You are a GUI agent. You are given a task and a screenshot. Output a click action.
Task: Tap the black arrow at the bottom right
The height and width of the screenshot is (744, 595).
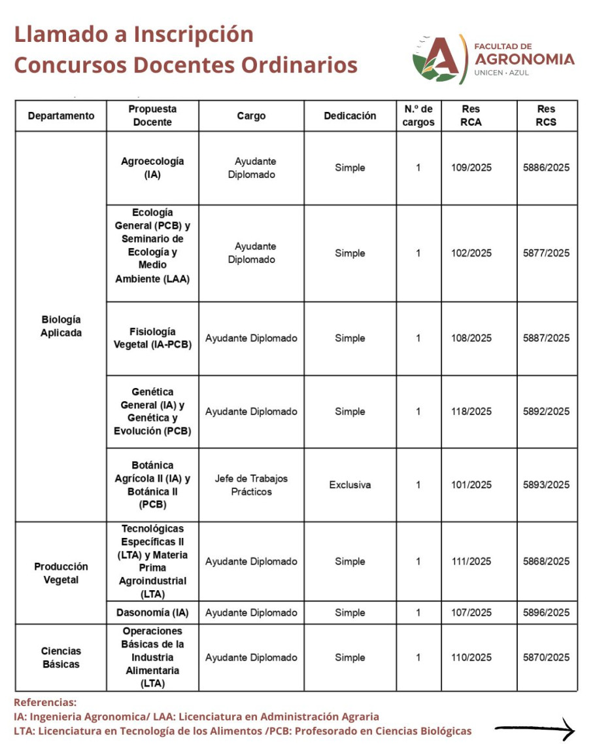tap(534, 730)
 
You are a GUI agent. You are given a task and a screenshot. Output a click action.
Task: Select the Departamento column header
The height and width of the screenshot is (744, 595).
tap(61, 116)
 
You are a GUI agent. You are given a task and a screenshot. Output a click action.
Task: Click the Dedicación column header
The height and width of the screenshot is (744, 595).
tap(350, 116)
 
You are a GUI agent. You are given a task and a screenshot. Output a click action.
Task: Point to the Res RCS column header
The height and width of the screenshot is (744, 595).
tap(546, 116)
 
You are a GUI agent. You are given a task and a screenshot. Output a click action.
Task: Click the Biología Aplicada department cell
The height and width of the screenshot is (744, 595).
tap(61, 326)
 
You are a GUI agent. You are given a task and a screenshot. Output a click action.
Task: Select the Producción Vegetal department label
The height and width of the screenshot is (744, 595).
tap(61, 573)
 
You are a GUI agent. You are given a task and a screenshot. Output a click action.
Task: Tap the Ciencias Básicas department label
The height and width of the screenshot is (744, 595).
tap(61, 658)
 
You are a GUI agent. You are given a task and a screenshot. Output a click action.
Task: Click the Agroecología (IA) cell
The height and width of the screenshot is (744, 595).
tap(152, 168)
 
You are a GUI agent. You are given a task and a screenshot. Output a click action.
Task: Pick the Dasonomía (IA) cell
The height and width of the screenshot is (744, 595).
tap(152, 613)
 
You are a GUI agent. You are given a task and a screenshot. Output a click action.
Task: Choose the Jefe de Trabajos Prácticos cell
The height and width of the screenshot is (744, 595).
tap(251, 485)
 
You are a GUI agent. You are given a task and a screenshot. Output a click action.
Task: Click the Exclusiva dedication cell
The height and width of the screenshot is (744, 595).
tap(350, 485)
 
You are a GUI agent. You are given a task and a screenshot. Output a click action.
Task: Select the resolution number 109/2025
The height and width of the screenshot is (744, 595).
tap(471, 168)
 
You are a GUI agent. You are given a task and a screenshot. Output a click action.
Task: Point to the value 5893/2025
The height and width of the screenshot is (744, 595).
tap(546, 485)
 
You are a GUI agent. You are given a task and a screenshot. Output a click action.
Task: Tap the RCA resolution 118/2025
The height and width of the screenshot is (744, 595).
tap(471, 412)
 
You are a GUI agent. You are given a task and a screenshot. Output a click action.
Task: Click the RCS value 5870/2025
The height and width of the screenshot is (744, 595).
tap(546, 658)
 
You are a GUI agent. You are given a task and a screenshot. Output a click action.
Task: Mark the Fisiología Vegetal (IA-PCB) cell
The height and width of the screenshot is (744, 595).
tap(152, 338)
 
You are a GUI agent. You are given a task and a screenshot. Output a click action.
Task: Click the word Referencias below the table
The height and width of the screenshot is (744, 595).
tap(45, 702)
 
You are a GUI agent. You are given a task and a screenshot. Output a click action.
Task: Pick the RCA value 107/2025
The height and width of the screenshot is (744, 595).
tap(471, 613)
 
